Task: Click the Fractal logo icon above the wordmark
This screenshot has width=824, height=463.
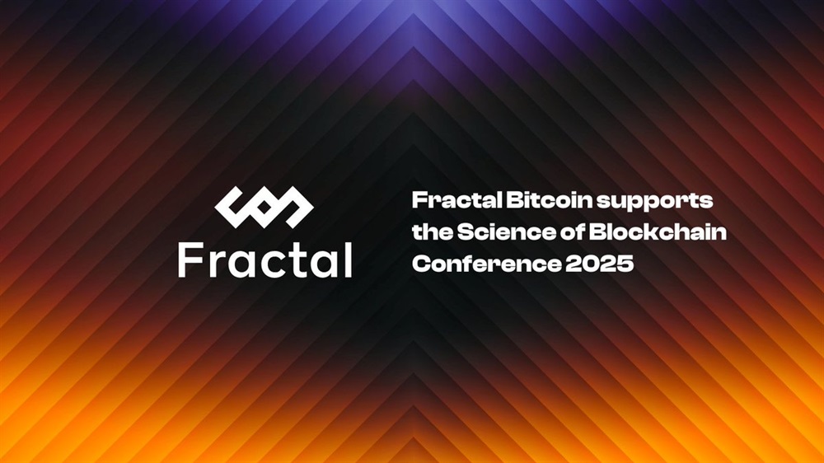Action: [265, 207]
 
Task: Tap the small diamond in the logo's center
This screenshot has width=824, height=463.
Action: [265, 207]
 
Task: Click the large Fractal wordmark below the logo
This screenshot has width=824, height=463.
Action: [265, 259]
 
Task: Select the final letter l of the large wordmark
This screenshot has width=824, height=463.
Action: [348, 259]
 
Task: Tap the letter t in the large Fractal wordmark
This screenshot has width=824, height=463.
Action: [296, 261]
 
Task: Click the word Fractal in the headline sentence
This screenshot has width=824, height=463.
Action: [456, 200]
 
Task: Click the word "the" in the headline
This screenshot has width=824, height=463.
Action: [433, 231]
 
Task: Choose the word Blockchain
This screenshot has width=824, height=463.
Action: [658, 231]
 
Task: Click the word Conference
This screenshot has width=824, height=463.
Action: [487, 264]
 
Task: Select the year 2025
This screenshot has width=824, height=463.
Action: [600, 264]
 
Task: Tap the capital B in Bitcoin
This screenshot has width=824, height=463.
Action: [514, 201]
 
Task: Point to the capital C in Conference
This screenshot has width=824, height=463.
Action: [421, 264]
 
